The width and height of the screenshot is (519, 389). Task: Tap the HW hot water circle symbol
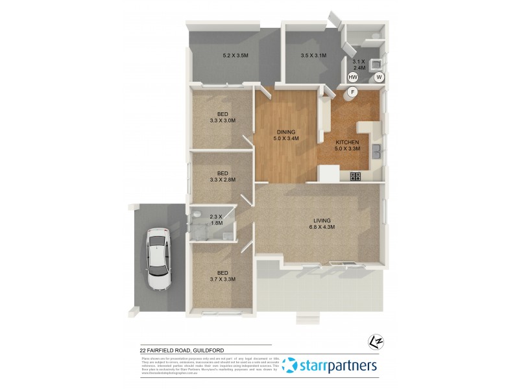click(x=352, y=77)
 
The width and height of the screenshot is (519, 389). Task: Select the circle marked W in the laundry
click(x=379, y=77)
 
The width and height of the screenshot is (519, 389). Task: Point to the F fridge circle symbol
click(x=353, y=92)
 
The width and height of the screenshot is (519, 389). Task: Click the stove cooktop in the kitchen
click(x=356, y=176)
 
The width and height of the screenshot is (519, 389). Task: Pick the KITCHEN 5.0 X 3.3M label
click(x=347, y=145)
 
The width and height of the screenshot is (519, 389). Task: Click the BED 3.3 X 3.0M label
click(x=222, y=117)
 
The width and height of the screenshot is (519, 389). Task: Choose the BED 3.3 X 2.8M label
click(x=222, y=176)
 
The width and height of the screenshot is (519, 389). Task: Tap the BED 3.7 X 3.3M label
click(x=222, y=276)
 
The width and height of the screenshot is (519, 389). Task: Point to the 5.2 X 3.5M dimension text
click(x=235, y=56)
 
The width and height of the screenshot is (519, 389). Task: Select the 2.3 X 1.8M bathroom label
click(x=216, y=219)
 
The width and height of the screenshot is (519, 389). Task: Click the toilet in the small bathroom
click(x=196, y=213)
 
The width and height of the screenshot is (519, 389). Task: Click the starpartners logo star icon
click(x=291, y=366)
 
